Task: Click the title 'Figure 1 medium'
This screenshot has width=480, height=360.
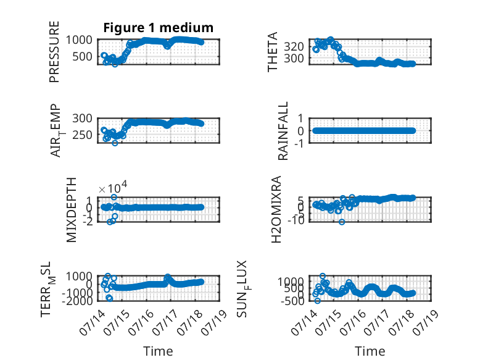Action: (159, 28)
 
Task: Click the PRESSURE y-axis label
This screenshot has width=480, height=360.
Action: (54, 52)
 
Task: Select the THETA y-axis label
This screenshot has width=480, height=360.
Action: (272, 52)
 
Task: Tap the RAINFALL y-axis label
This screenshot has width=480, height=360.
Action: (283, 131)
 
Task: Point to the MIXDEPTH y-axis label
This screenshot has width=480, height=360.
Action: (71, 210)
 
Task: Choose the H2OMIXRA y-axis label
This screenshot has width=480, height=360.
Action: (276, 209)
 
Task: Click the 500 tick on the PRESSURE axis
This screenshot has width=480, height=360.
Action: (82, 57)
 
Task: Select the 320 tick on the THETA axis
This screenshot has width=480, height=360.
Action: (294, 47)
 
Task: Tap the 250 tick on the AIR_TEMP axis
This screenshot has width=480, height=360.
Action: (82, 135)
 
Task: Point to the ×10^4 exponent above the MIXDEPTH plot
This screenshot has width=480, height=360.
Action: (113, 187)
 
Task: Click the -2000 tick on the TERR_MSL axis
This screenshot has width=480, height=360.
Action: (77, 301)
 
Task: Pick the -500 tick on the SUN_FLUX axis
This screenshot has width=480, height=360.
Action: (292, 301)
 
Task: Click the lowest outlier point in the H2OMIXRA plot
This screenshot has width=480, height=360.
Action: (342, 222)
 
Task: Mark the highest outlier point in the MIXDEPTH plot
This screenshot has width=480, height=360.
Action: (114, 197)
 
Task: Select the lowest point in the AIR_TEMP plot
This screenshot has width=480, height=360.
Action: (115, 143)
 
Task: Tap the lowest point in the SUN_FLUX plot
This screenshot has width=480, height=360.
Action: (318, 301)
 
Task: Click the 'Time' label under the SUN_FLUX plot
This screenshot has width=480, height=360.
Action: (370, 351)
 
